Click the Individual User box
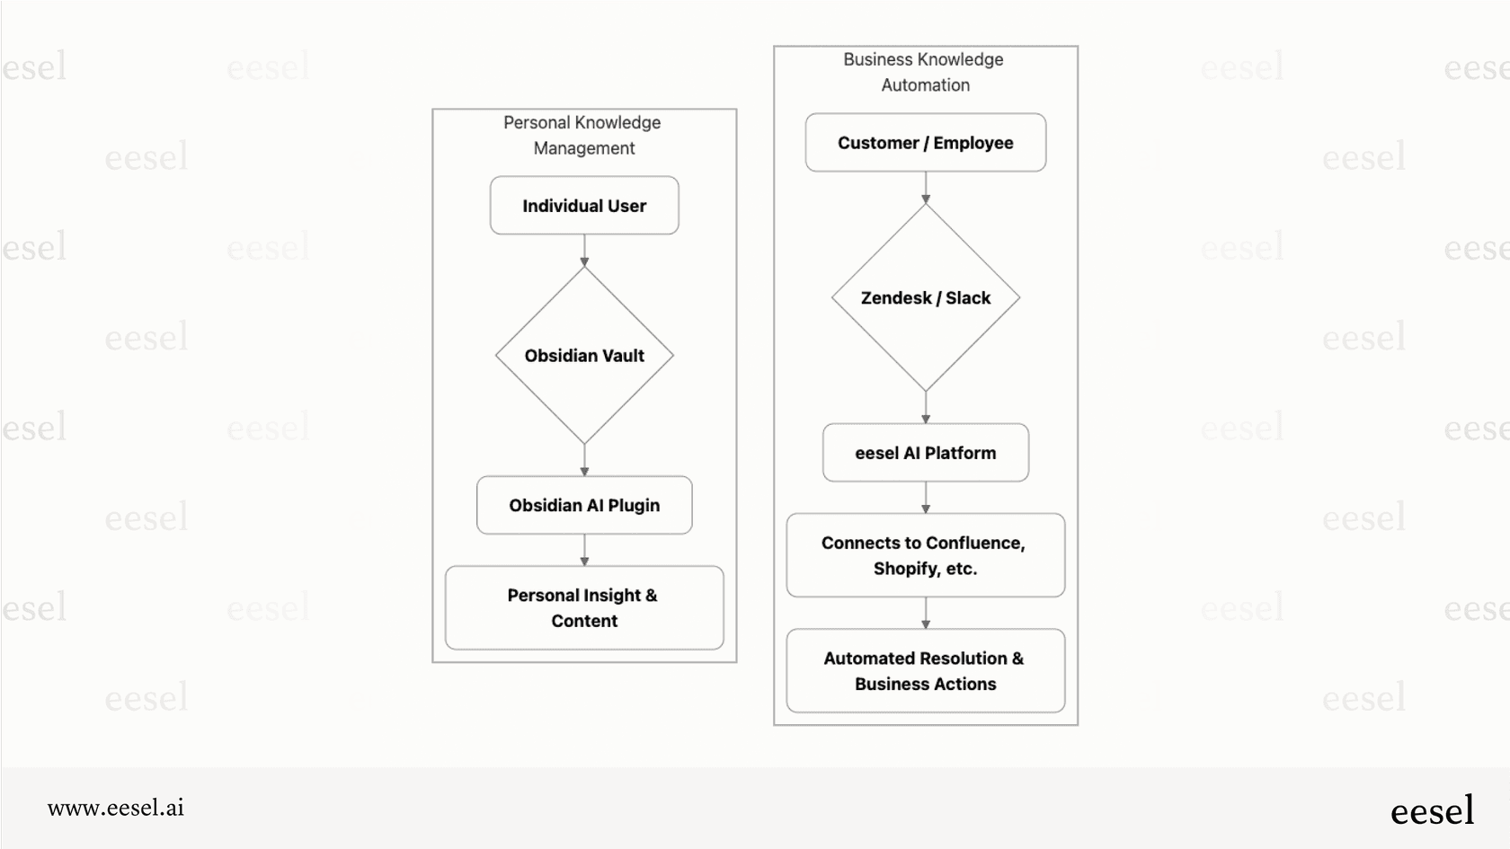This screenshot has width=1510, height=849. tap(584, 206)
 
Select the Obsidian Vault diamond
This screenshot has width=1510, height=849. tap(584, 356)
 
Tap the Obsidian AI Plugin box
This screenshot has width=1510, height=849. tap(584, 505)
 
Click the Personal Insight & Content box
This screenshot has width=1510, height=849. tap(584, 607)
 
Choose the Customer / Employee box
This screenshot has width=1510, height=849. tap(925, 143)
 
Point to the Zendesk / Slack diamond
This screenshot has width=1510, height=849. tap(925, 298)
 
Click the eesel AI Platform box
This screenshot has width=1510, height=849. tap(925, 453)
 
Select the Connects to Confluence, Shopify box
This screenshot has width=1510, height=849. tap(925, 555)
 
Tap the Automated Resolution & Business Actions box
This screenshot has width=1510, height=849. tap(925, 670)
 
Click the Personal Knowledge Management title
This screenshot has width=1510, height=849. tap(583, 135)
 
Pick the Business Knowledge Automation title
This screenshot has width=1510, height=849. tap(924, 72)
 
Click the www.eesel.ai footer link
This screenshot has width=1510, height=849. tap(116, 808)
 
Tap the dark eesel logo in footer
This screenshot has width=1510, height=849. tap(1432, 810)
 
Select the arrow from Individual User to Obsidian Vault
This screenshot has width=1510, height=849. tap(584, 251)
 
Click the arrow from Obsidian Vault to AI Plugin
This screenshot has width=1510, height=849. tap(584, 460)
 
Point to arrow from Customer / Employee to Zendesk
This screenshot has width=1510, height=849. tap(926, 188)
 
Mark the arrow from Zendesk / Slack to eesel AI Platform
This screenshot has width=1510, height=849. tap(926, 408)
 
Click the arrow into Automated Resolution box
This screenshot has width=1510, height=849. tap(926, 614)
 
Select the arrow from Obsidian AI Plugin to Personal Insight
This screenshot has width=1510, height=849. tap(584, 550)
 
